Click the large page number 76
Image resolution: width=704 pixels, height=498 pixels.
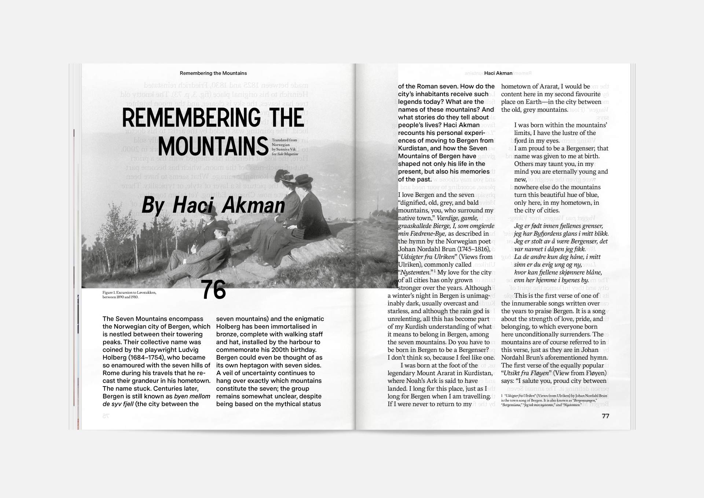(213, 290)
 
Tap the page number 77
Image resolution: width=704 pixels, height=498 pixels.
(605, 416)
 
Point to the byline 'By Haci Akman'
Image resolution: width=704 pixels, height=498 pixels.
(213, 205)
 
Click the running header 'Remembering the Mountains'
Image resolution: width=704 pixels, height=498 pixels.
(213, 73)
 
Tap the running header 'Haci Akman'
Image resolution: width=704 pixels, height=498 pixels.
(498, 73)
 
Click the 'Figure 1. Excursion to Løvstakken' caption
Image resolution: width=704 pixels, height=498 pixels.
(129, 294)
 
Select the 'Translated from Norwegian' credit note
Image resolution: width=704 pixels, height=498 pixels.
(285, 147)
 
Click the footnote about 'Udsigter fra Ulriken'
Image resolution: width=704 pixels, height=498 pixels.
(554, 400)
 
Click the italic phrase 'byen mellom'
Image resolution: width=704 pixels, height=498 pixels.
(192, 396)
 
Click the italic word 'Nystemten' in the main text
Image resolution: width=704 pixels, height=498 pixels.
(415, 272)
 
